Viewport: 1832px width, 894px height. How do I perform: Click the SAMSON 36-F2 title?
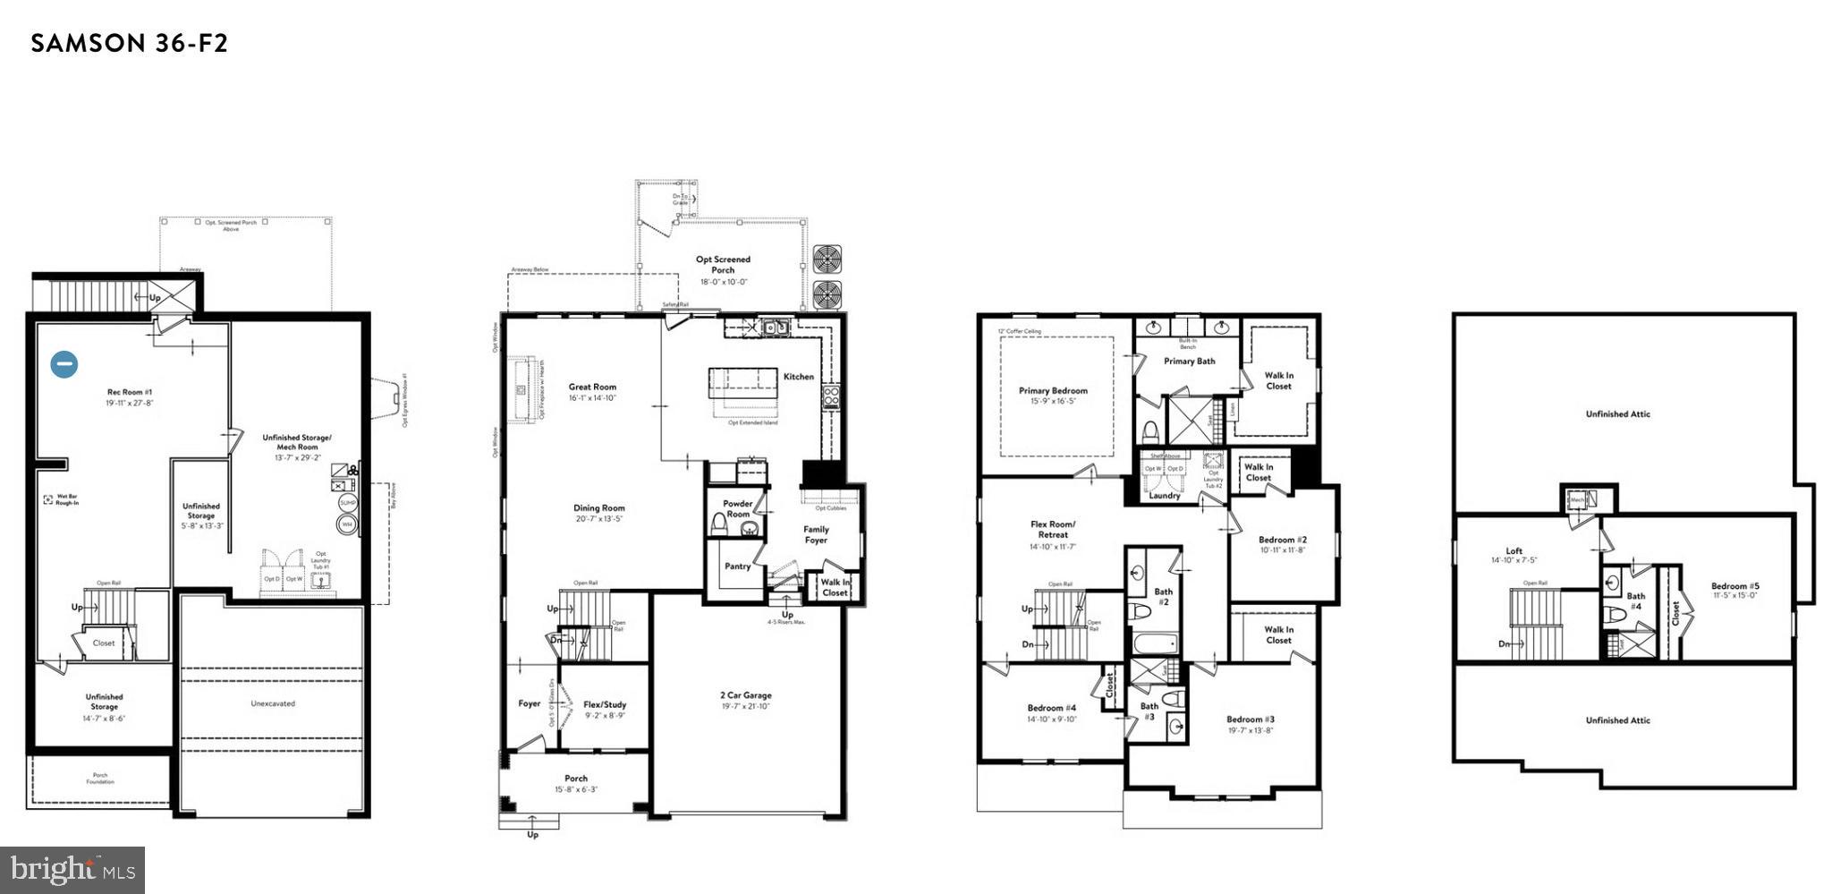click(x=130, y=43)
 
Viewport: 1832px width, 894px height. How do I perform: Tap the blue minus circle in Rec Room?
click(x=64, y=364)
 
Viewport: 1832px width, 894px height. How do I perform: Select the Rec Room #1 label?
click(x=131, y=393)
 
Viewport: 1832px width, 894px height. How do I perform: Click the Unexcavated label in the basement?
click(x=273, y=703)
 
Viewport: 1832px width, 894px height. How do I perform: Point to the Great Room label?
click(x=592, y=387)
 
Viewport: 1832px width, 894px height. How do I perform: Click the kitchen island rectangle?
click(x=743, y=384)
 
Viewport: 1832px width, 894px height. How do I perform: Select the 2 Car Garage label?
click(x=745, y=695)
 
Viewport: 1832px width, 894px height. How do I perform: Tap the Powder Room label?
click(x=738, y=509)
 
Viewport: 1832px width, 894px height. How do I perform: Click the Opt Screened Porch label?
click(x=723, y=264)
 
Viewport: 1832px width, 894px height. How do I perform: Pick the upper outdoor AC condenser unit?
click(x=827, y=260)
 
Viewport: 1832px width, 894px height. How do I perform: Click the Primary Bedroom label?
click(x=1053, y=391)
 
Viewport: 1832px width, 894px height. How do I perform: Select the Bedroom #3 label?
click(x=1250, y=719)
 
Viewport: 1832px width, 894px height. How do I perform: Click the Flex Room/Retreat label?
click(x=1053, y=529)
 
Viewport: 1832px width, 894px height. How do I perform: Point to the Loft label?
click(x=1514, y=551)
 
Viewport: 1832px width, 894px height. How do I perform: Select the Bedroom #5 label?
click(x=1735, y=587)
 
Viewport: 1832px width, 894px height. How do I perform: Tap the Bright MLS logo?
click(x=73, y=869)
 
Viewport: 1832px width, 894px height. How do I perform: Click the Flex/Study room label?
click(x=605, y=704)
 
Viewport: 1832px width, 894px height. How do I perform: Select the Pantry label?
click(x=737, y=566)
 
